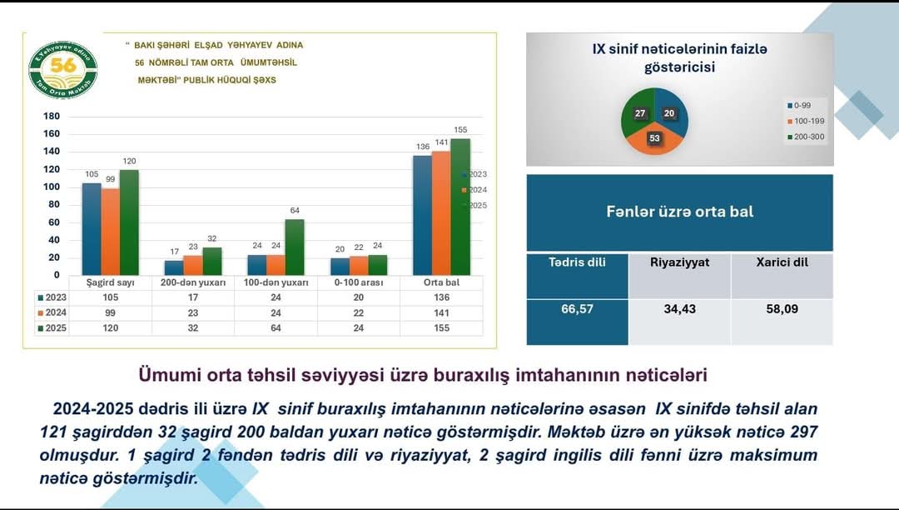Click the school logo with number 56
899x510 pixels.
point(63,70)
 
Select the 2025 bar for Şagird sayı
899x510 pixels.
point(129,222)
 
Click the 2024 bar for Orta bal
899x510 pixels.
point(441,213)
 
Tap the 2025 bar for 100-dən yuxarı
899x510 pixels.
point(295,247)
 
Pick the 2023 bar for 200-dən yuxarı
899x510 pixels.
point(174,267)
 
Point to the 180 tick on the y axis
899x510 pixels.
point(52,116)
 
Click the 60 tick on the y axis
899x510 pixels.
point(54,222)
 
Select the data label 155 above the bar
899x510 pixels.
point(460,130)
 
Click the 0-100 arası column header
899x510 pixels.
point(358,282)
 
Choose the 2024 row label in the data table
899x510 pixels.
point(52,312)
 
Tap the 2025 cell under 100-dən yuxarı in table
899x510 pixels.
point(276,328)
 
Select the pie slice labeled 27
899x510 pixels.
point(638,112)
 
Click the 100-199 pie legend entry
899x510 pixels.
point(806,121)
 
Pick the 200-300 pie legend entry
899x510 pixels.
point(806,137)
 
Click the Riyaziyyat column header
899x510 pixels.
point(679,262)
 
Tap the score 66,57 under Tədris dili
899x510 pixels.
point(577,309)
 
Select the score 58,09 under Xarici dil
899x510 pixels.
point(782,309)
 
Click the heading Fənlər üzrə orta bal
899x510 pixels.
point(679,212)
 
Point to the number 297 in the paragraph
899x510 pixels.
point(803,432)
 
